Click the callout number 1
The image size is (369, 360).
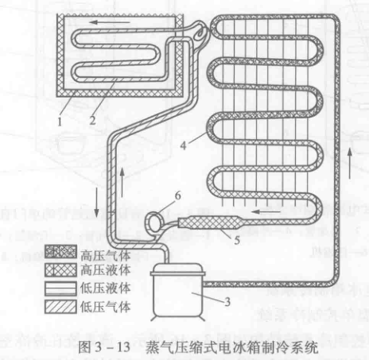pyautogui.click(x=60, y=122)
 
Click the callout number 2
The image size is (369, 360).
pyautogui.click(x=92, y=121)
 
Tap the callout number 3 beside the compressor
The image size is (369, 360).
pyautogui.click(x=227, y=302)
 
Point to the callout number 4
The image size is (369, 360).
pyautogui.click(x=183, y=145)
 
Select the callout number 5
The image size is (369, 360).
pyautogui.click(x=237, y=240)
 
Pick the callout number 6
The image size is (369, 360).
pyautogui.click(x=177, y=195)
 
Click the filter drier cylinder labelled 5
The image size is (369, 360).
pyautogui.click(x=209, y=223)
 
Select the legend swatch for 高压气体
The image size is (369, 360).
pyautogui.click(x=60, y=252)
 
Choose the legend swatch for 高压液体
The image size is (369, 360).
pyautogui.click(x=60, y=270)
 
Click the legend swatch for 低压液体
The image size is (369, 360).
pyautogui.click(x=60, y=288)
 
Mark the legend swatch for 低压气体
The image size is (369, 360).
pyautogui.click(x=60, y=307)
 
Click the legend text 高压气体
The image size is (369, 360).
pyautogui.click(x=106, y=256)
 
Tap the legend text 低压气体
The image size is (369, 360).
pyautogui.click(x=106, y=307)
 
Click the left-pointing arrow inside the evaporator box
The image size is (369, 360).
pyautogui.click(x=110, y=22)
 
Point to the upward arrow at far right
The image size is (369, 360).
pyautogui.click(x=350, y=164)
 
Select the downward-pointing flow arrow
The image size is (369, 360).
pyautogui.click(x=97, y=202)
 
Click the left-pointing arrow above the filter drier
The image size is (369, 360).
pyautogui.click(x=266, y=211)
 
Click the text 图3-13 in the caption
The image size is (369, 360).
pyautogui.click(x=104, y=347)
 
